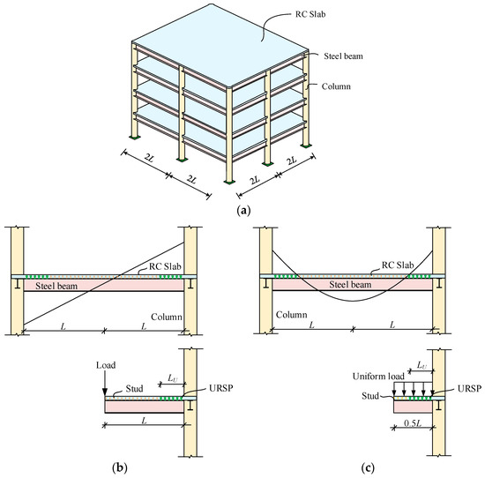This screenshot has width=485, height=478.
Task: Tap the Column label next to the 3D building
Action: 338,88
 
